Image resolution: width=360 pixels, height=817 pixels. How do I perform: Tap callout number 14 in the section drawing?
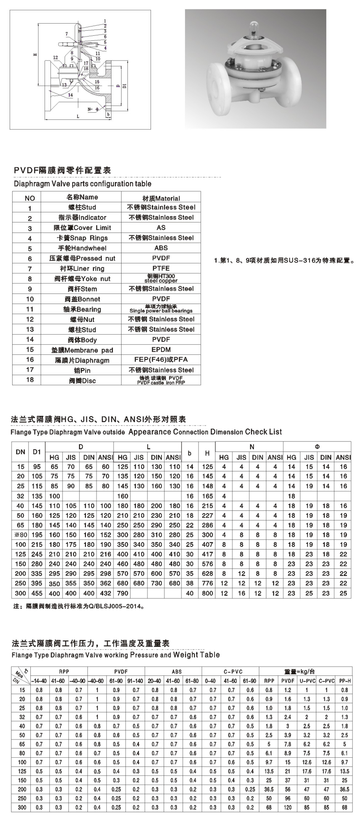(x=70, y=95)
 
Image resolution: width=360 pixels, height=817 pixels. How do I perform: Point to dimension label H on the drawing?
(x=35, y=54)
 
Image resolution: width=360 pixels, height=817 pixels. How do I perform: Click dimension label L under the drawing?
(x=78, y=116)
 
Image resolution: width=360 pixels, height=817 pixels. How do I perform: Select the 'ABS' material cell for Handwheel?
(x=161, y=248)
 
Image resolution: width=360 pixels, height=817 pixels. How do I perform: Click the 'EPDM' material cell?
(x=161, y=349)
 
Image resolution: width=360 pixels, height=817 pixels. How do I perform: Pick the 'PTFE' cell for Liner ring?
(x=161, y=268)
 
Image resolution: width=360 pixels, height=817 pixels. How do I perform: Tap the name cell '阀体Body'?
(x=82, y=340)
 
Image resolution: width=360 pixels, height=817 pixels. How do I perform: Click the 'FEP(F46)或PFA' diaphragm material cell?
(x=161, y=360)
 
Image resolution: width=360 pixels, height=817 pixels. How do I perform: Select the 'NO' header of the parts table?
(x=30, y=198)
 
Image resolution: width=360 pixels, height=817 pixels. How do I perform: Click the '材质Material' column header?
(x=161, y=198)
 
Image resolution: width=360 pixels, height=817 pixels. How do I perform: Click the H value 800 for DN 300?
(x=207, y=593)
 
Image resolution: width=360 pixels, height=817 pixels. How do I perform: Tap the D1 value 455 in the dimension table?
(x=37, y=593)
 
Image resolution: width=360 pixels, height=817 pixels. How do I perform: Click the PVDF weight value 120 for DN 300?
(x=288, y=807)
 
